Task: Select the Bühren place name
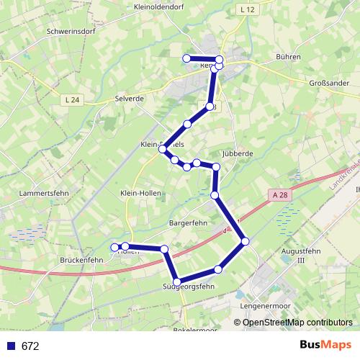pos(288,56)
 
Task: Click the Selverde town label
pos(130,98)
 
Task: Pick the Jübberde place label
pos(238,154)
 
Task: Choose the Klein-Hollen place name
pos(140,194)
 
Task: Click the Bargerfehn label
pos(188,223)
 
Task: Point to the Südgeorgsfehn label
pos(189,287)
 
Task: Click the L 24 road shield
pos(71,99)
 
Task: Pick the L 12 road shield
pos(248,9)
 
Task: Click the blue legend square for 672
pos(10,346)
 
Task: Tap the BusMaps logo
pos(325,346)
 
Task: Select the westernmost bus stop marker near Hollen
pos(114,248)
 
